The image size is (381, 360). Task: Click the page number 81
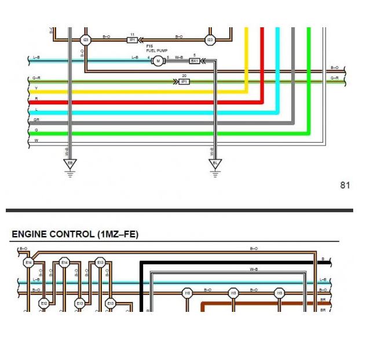tap(345, 186)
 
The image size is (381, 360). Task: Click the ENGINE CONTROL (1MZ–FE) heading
tap(75, 234)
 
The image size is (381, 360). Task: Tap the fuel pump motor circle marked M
tap(157, 61)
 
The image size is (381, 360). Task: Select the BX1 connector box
tap(195, 61)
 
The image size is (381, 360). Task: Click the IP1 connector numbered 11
tap(133, 40)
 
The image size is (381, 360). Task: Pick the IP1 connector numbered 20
tap(184, 82)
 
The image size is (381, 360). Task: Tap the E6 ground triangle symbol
tap(70, 164)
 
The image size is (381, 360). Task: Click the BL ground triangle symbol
tap(215, 164)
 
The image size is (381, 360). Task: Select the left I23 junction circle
tap(86, 40)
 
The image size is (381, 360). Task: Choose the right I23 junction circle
tap(210, 40)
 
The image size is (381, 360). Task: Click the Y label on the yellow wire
tap(36, 89)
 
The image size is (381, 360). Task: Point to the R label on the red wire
tap(36, 99)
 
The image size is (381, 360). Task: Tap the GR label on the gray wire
tap(36, 120)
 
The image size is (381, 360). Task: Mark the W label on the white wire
tap(36, 140)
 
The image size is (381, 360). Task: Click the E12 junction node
tap(43, 303)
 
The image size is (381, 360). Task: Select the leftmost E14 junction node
tap(28, 263)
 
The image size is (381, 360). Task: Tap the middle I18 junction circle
tap(233, 293)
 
